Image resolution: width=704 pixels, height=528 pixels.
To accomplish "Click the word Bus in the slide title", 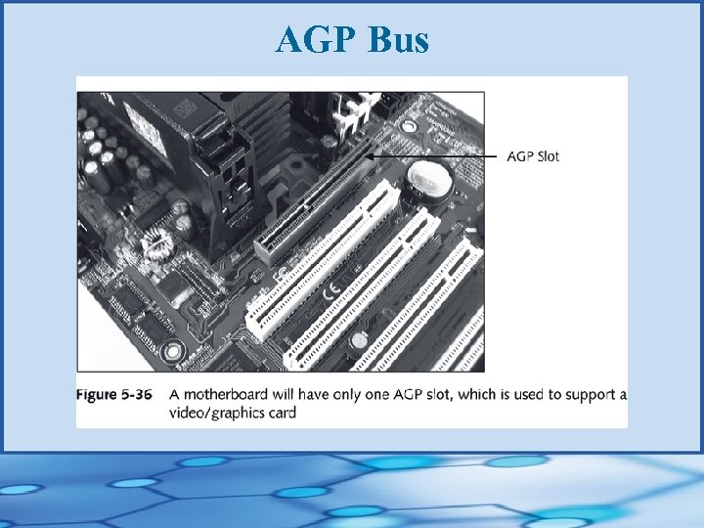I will (398, 40).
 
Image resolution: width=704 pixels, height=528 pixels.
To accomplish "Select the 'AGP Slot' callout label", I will (533, 156).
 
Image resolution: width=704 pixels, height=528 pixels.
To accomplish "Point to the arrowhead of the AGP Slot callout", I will (372, 154).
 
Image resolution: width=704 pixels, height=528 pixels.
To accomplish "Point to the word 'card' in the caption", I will (280, 413).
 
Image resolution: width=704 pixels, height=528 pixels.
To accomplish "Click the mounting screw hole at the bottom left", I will (172, 349).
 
